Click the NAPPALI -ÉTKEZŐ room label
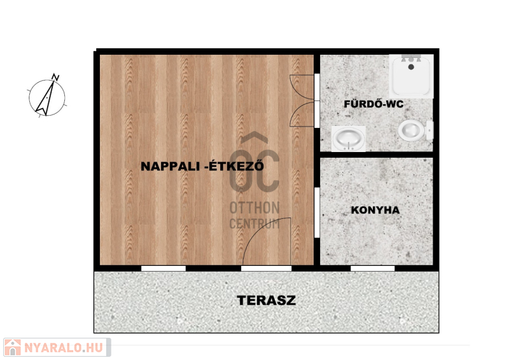tap(202, 166)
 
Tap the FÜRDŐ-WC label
tap(373, 104)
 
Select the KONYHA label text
tap(375, 210)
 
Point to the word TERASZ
tap(267, 300)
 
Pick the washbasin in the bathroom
tap(348, 139)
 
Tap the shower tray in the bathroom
tap(411, 76)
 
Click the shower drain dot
tap(411, 67)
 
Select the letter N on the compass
tap(56, 77)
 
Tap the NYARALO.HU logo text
tap(64, 348)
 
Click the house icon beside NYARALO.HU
tap(13, 347)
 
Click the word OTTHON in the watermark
tap(254, 208)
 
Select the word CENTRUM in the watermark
tap(254, 224)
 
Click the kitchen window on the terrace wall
tap(373, 268)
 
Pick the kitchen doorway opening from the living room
tap(317, 212)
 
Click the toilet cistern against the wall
tap(430, 130)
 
